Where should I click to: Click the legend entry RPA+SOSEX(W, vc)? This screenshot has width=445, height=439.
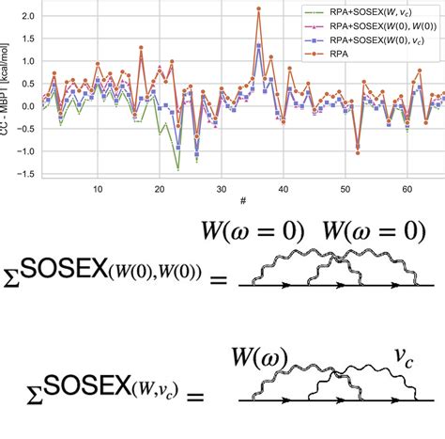pos(380,12)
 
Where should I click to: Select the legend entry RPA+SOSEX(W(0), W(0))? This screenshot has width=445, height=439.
pos(380,25)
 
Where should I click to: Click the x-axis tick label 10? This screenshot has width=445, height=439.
pos(98,188)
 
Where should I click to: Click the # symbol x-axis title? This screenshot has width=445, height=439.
pos(243,201)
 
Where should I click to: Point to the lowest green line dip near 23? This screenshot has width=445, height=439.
pos(178,169)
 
